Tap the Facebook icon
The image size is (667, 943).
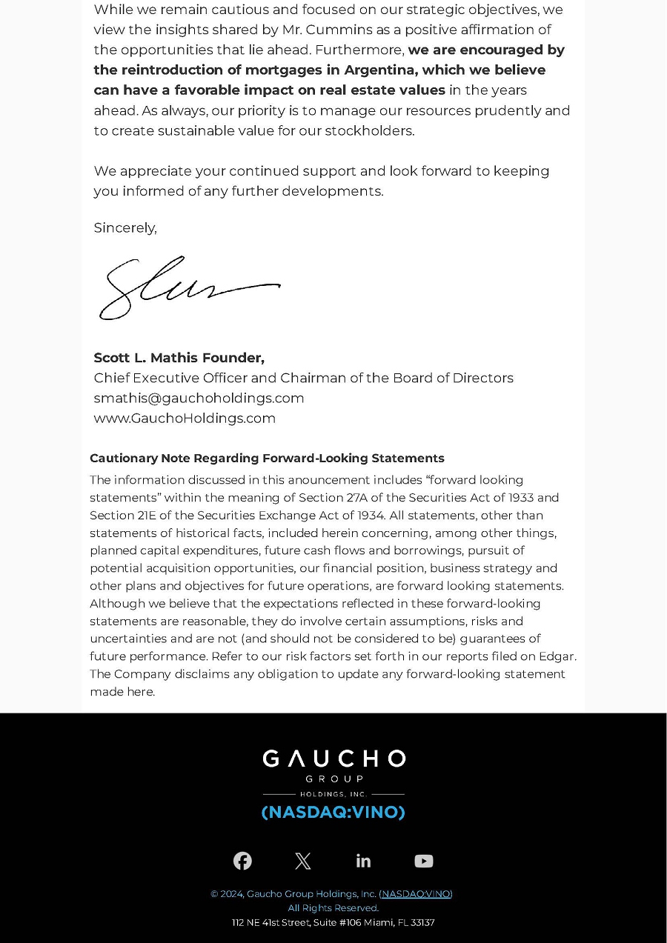click(x=242, y=861)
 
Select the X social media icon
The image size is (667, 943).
click(x=302, y=861)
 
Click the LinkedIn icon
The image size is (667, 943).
click(x=363, y=861)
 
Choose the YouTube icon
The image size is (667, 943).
click(x=424, y=861)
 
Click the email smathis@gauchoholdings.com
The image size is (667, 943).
click(x=199, y=398)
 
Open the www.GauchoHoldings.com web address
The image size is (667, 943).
click(x=185, y=418)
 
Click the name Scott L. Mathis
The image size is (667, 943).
click(x=139, y=358)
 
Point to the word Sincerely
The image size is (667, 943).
click(x=125, y=227)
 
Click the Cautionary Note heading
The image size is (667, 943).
click(x=267, y=458)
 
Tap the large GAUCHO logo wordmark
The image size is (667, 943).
click(x=333, y=759)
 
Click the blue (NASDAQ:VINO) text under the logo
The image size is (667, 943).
click(x=333, y=812)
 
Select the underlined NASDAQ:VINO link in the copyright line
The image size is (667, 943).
click(x=416, y=893)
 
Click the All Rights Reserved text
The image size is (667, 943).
click(x=333, y=907)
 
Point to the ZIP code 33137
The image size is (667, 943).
click(x=422, y=922)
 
